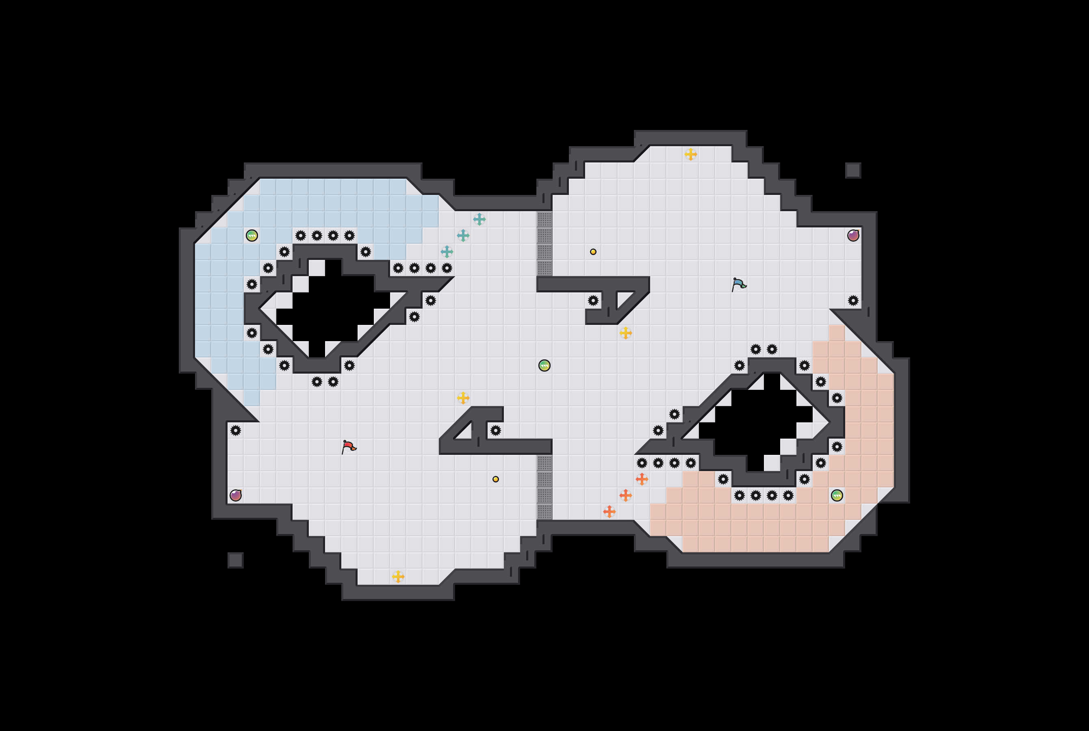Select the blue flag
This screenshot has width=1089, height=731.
tap(739, 284)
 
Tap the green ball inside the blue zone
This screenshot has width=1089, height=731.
tap(252, 236)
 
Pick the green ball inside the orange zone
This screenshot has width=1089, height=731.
tap(837, 495)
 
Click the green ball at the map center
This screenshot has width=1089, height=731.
tap(544, 365)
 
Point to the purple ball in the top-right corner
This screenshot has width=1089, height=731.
tap(853, 236)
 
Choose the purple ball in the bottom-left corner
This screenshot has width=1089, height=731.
tap(236, 495)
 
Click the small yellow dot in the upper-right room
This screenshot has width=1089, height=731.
tap(593, 252)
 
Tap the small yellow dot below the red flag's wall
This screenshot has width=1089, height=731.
tap(496, 479)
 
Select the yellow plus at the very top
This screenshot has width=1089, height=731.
tap(691, 154)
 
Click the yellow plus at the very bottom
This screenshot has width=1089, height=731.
tap(398, 577)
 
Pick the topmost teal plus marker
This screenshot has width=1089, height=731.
tap(479, 219)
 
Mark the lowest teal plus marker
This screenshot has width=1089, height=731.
tap(447, 252)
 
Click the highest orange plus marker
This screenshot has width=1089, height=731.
tap(642, 479)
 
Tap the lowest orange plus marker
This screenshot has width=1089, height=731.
tap(609, 512)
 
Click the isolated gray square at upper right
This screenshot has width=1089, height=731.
tap(853, 171)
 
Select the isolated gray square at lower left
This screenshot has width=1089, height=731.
tap(236, 560)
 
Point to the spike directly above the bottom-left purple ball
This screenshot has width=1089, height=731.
tap(236, 430)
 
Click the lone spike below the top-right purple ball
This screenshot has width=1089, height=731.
tap(853, 301)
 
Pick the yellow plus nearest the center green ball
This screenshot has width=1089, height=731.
tap(625, 333)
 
